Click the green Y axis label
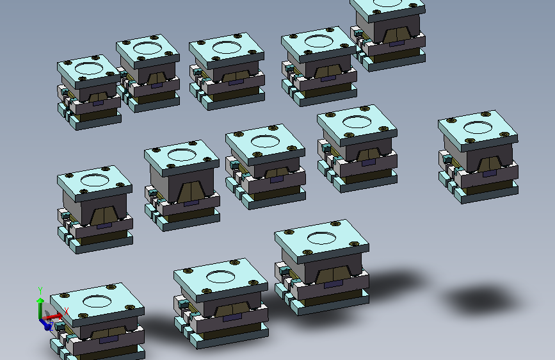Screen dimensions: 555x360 tap(40, 291)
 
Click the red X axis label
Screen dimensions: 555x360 tap(66, 311)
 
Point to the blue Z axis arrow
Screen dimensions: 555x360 tap(45, 324)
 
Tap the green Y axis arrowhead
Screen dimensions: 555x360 tap(40, 301)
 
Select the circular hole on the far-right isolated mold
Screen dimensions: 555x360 tap(478, 127)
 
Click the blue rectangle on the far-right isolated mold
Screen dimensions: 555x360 tap(490, 174)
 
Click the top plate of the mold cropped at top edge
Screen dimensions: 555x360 tap(388, 9)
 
